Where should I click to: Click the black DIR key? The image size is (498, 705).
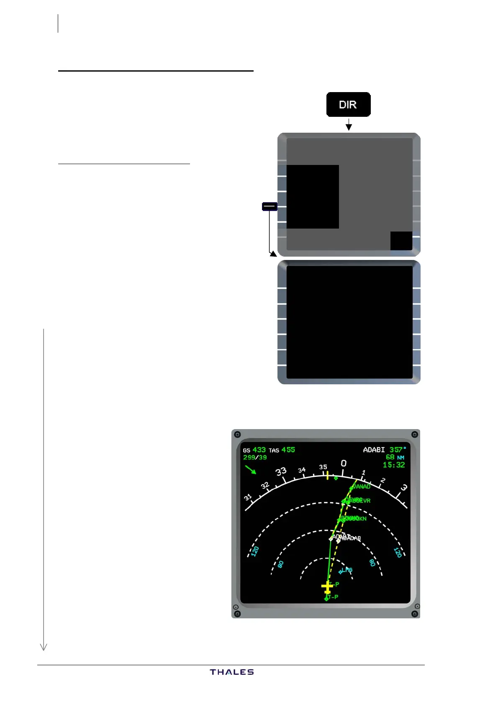point(348,104)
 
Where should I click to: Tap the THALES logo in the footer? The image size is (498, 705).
point(232,672)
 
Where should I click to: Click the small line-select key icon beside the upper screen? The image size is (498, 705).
point(270,206)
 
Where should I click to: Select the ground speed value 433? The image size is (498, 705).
point(259,450)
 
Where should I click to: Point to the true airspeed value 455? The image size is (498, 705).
point(288,450)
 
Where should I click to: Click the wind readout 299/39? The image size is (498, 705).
point(255,458)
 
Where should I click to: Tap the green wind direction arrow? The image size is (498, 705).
point(251,470)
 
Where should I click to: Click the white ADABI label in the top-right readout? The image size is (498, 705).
point(374,450)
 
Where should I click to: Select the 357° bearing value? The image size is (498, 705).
point(398,450)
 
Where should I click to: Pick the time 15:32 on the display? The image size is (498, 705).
point(394,465)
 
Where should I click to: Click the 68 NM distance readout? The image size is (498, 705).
point(395,457)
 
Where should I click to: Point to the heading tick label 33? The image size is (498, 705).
point(281,471)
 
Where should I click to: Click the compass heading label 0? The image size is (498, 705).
point(344,463)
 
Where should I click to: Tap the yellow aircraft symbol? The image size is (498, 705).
point(327,587)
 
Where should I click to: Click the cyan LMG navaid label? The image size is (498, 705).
point(347,570)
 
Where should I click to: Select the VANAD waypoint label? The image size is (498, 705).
point(361,486)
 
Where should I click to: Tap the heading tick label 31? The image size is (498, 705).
point(248,497)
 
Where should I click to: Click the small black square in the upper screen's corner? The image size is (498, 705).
point(401,241)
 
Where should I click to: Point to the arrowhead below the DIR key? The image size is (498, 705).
point(349,127)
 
